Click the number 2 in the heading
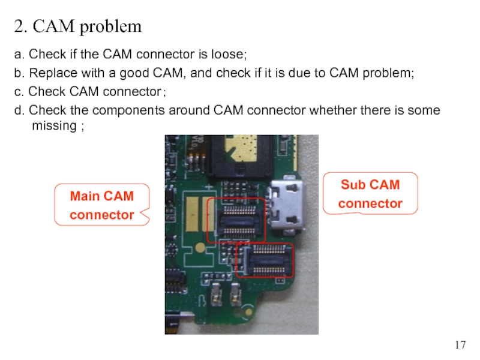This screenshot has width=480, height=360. pos(19,27)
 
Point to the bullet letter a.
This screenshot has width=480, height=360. pos(18,55)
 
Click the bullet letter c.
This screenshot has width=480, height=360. pos(18,92)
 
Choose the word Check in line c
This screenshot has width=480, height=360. pos(44,92)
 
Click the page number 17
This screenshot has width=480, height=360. pos(460,345)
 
